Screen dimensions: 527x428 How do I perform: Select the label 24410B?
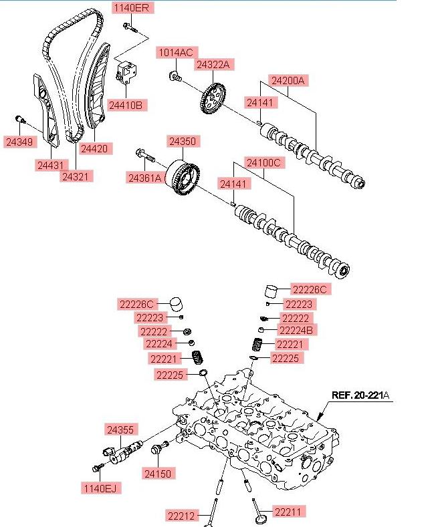click(129, 106)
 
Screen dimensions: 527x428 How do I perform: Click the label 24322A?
click(213, 64)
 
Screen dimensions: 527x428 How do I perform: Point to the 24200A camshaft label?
click(288, 81)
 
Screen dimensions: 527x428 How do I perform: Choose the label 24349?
click(19, 142)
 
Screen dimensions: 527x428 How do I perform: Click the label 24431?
click(52, 164)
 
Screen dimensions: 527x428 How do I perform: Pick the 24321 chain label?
click(78, 177)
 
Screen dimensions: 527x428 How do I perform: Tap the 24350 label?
click(182, 142)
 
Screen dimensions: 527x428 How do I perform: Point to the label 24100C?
click(263, 162)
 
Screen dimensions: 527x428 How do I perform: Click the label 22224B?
click(297, 330)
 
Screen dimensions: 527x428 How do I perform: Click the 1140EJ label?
click(101, 489)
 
